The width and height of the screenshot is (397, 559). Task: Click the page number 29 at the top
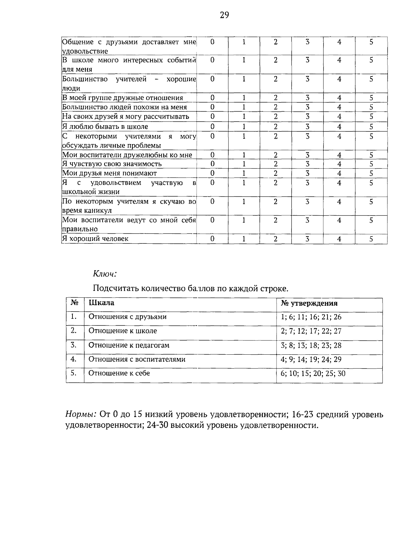(224, 15)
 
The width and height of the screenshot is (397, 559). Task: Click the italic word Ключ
(105, 274)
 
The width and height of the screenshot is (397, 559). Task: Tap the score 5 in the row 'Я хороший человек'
(371, 239)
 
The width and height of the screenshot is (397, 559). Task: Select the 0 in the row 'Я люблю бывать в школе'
(212, 127)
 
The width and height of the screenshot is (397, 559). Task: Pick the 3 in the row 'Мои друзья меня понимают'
(307, 173)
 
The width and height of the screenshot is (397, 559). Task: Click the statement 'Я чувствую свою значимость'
(112, 164)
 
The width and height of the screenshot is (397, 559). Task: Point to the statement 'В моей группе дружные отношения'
(123, 98)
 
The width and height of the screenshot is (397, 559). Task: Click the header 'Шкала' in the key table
(102, 303)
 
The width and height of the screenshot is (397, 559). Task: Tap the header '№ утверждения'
(309, 303)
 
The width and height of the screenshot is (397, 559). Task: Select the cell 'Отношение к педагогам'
(129, 345)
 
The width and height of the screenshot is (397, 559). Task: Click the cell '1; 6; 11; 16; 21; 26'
(311, 317)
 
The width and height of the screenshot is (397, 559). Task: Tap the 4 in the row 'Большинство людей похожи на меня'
(339, 107)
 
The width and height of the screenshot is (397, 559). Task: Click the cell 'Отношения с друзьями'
(127, 317)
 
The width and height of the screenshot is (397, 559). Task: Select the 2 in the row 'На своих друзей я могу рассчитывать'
(276, 117)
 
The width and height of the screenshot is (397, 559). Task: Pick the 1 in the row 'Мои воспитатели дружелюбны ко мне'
(244, 155)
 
